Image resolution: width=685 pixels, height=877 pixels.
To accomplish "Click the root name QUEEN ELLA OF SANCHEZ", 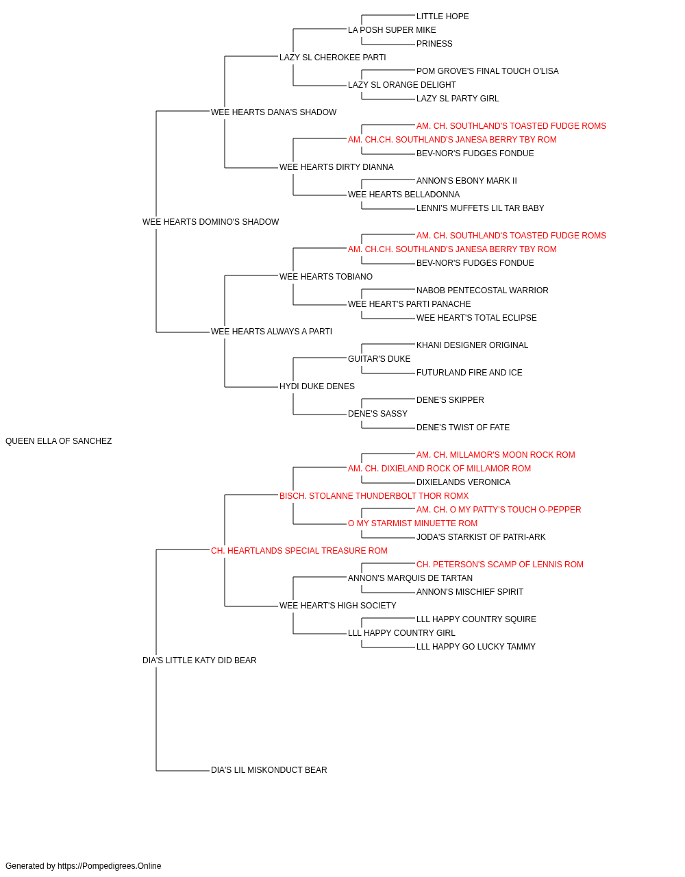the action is click(x=58, y=441).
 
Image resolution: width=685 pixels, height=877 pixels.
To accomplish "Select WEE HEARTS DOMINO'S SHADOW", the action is click(x=210, y=222).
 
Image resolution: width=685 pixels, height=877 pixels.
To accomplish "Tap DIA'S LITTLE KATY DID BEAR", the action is click(x=199, y=660).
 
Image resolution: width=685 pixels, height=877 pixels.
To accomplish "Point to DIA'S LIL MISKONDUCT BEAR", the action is click(x=269, y=770).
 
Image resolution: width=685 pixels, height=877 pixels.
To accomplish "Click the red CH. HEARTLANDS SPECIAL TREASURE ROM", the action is click(x=299, y=551).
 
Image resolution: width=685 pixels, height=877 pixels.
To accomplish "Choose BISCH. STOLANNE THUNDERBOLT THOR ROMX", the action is click(x=374, y=496).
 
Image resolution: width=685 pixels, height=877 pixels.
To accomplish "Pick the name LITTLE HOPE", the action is click(x=443, y=16).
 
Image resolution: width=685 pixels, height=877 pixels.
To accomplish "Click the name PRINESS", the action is click(x=434, y=44).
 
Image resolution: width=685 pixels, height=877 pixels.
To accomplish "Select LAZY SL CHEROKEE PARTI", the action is click(x=332, y=58).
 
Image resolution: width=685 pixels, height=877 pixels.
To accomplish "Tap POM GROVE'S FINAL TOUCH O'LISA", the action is click(x=487, y=71).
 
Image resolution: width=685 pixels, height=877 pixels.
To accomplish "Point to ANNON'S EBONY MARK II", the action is click(x=466, y=181).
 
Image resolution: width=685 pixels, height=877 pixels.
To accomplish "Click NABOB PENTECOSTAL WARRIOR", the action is click(x=482, y=291).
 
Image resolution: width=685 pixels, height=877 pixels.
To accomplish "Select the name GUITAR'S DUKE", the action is click(x=379, y=359).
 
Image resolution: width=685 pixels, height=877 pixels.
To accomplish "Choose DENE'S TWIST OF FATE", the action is click(x=463, y=428).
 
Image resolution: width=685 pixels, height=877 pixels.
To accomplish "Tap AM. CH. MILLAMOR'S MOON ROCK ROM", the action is click(x=495, y=455).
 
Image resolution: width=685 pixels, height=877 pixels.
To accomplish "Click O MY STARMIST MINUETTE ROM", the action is click(x=412, y=523).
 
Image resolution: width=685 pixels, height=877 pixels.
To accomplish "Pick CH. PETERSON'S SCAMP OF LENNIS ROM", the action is click(x=500, y=565).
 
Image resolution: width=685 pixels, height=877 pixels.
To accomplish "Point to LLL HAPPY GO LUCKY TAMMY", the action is click(x=475, y=647).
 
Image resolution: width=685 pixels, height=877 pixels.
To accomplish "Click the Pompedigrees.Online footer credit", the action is click(x=83, y=866).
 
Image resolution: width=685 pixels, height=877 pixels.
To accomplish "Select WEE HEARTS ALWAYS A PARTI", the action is click(x=271, y=332).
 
